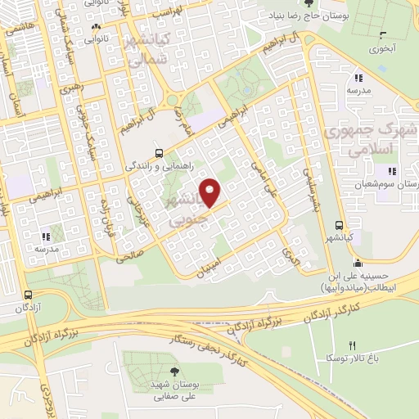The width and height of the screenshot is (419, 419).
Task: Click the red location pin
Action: [x=212, y=193]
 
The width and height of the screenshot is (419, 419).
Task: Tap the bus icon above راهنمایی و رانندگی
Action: [x=160, y=152]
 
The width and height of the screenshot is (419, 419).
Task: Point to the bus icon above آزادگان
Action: [x=29, y=295]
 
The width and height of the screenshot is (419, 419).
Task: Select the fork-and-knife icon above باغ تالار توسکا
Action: [x=353, y=345]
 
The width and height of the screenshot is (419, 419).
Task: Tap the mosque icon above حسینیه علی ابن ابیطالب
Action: [x=357, y=263]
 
